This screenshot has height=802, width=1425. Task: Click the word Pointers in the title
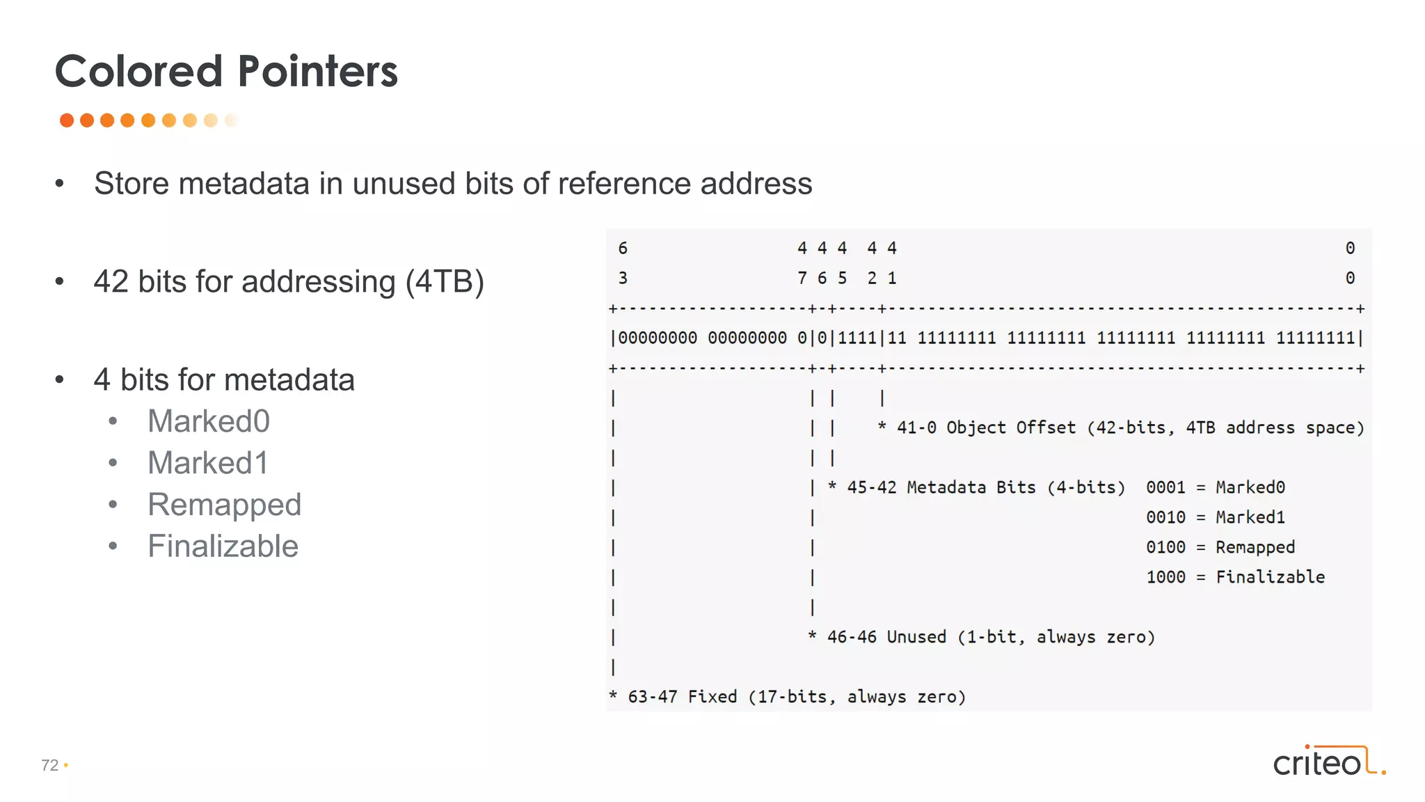[317, 72]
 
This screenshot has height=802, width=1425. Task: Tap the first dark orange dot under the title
[67, 120]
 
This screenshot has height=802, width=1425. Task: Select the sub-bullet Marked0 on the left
[208, 421]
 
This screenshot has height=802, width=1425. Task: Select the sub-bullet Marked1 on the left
[207, 463]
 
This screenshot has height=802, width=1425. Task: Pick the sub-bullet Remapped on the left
[224, 505]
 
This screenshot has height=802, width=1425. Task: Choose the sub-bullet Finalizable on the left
[223, 547]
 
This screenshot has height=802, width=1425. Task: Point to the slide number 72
[49, 765]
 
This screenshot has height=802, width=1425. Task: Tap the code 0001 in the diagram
[1165, 487]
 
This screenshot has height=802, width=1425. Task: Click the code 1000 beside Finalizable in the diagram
[1165, 577]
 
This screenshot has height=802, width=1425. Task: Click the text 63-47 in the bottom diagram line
[652, 697]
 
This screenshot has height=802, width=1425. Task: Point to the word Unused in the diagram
[916, 637]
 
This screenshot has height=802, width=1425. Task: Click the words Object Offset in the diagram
[1010, 427]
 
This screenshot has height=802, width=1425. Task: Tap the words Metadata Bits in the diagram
[971, 487]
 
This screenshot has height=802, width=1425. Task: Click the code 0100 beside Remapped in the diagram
[1165, 547]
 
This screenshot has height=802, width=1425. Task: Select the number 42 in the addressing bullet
[111, 282]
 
